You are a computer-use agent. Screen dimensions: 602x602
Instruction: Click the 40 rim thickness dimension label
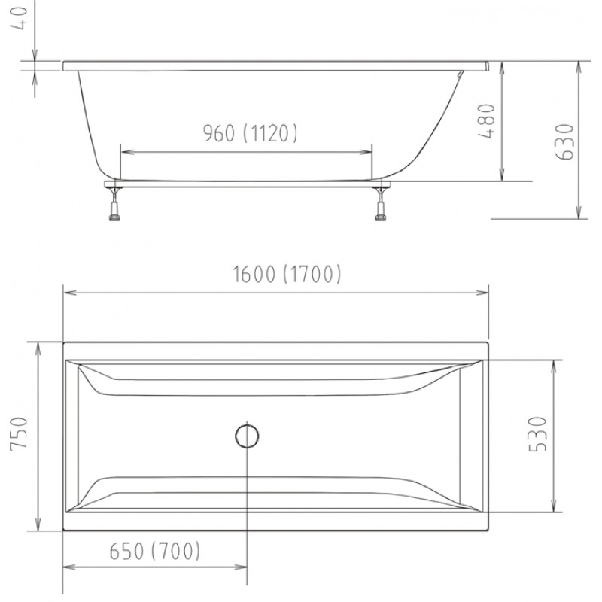[x=20, y=18]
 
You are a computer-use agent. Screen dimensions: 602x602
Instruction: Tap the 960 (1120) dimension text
[x=250, y=133]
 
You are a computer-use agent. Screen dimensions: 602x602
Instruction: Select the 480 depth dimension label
[x=486, y=120]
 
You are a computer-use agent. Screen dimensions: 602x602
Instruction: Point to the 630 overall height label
[x=565, y=141]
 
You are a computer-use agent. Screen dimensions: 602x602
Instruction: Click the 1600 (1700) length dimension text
[x=287, y=274]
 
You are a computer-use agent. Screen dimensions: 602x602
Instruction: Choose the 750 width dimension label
[x=20, y=433]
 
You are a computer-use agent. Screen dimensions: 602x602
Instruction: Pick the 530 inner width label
[x=537, y=434]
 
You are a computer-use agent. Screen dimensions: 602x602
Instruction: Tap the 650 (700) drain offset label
[x=155, y=551]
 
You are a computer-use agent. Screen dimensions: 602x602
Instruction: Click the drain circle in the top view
[x=247, y=436]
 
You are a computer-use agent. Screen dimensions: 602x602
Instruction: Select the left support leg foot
[x=114, y=218]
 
